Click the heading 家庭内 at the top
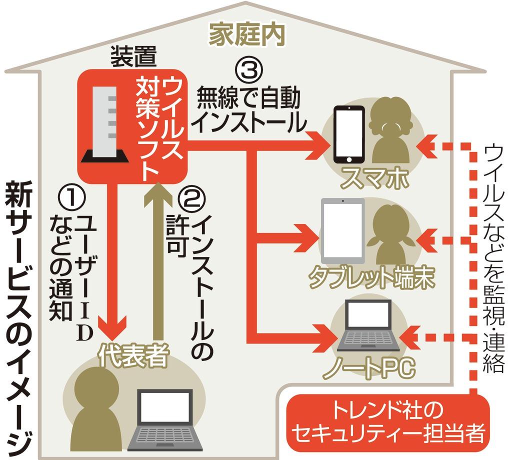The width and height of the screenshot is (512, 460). pos(247,35)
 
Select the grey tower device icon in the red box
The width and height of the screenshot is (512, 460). pos(105,125)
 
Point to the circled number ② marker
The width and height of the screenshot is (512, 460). pos(191,199)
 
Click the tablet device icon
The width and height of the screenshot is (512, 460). pos(342,230)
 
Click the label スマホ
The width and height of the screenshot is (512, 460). pos(372,180)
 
